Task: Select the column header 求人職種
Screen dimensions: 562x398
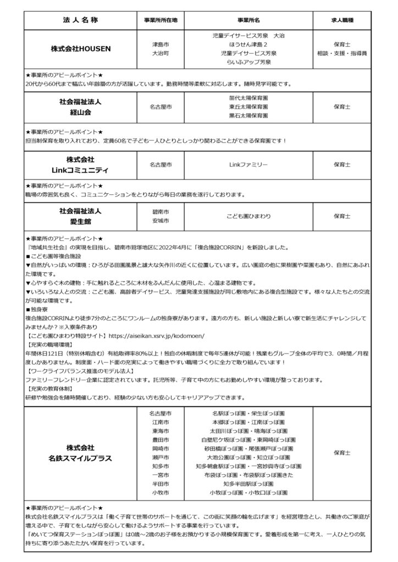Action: click(342, 20)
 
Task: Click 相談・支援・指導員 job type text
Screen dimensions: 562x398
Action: click(342, 53)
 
